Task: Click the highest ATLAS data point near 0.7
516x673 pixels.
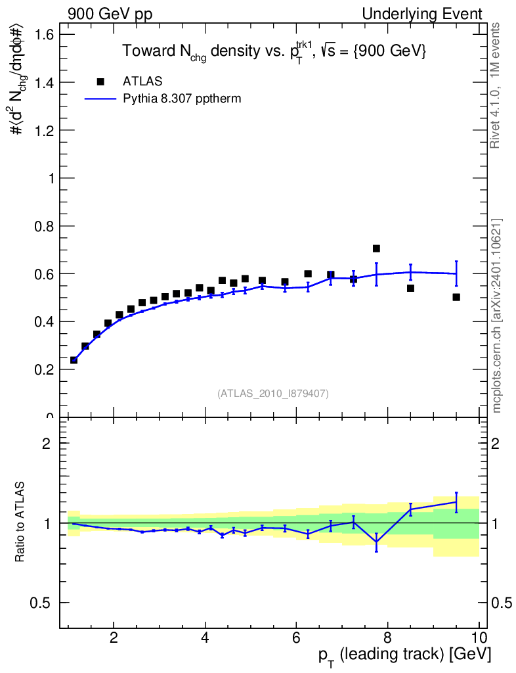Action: coord(376,248)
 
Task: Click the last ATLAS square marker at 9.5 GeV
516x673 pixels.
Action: coord(456,297)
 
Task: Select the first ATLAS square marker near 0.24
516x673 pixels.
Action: coord(74,360)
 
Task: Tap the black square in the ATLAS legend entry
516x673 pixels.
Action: coord(100,81)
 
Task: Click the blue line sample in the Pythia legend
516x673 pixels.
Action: coord(100,99)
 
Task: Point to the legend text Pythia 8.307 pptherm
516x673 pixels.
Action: coord(182,99)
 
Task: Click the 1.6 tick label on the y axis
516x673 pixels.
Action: coord(44,34)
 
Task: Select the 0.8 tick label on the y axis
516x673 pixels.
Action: coord(44,226)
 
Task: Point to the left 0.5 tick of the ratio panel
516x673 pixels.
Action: coord(40,603)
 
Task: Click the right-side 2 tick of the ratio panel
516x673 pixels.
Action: coord(495,443)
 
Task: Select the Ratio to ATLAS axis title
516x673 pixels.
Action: coord(19,522)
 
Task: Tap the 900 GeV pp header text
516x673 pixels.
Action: coord(110,14)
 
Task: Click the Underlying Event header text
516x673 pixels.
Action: coord(422,14)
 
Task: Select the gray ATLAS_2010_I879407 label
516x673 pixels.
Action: coord(273,394)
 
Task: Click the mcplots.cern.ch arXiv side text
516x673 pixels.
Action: coord(496,316)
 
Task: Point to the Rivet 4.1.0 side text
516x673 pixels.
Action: coord(495,86)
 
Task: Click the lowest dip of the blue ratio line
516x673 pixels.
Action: coord(376,542)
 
